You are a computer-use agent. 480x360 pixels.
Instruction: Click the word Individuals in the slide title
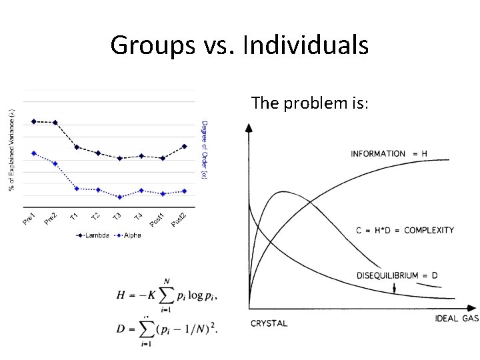[306, 45]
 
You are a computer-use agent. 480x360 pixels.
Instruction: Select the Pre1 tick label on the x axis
[29, 217]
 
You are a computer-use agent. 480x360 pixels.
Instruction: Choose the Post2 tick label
[178, 218]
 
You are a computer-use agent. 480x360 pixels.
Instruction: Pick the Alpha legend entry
[129, 235]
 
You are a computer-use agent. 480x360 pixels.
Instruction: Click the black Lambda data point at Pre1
[34, 121]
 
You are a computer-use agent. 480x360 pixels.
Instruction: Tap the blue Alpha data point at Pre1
[34, 153]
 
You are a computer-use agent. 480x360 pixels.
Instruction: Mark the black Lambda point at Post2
[185, 146]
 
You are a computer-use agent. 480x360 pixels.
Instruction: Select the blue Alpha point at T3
[119, 197]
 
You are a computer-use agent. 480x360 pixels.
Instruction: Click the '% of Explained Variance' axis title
[11, 150]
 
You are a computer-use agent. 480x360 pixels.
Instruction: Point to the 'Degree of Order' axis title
[204, 150]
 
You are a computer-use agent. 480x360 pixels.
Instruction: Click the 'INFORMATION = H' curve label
[389, 154]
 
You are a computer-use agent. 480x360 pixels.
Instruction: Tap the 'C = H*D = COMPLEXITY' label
[405, 231]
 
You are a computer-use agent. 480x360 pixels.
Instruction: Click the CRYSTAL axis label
[269, 323]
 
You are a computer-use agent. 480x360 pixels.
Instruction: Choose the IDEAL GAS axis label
[457, 318]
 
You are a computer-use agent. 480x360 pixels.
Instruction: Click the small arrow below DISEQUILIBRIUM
[395, 287]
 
